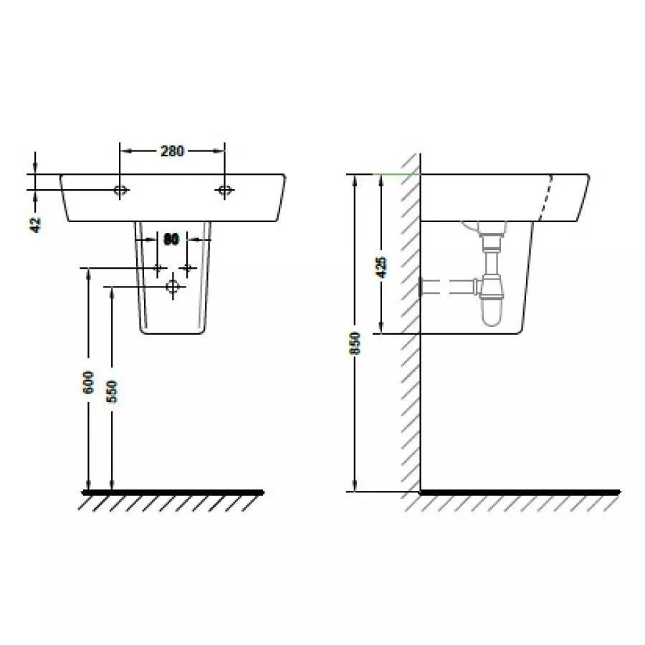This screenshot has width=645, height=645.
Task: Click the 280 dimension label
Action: [x=172, y=151]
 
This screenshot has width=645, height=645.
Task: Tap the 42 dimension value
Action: [x=36, y=224]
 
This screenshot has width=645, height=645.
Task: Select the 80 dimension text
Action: [x=171, y=239]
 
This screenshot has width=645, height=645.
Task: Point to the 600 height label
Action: [x=88, y=382]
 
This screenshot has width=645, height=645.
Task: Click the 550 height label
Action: [x=112, y=391]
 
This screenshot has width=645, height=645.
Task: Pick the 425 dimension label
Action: [x=382, y=267]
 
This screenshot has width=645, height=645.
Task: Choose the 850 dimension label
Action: [x=355, y=343]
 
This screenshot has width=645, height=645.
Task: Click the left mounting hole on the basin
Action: [x=120, y=190]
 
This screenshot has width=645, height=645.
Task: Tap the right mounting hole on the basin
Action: [x=224, y=190]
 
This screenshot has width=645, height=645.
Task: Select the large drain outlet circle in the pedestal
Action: [x=172, y=286]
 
